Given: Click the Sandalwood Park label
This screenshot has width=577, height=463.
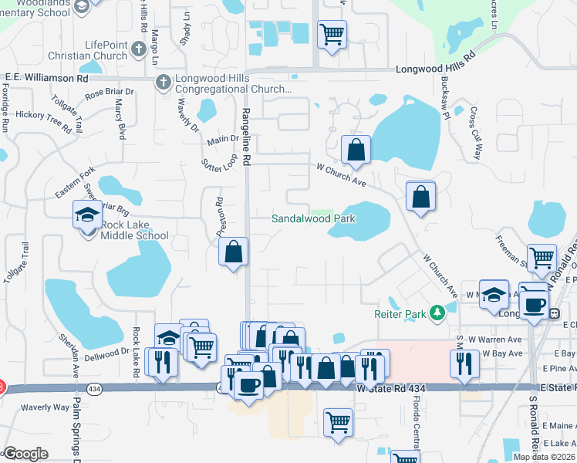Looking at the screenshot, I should (x=313, y=218).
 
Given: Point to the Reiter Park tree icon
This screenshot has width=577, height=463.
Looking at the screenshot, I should (x=437, y=313).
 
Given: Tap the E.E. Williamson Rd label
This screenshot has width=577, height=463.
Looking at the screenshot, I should (x=47, y=78).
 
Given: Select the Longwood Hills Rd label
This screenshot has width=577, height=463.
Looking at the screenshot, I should (x=436, y=69).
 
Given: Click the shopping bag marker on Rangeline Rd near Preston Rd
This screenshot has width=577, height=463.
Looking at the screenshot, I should (x=233, y=252).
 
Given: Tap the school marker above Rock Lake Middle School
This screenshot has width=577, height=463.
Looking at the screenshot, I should (x=87, y=214).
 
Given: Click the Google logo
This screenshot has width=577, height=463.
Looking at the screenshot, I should (x=25, y=454).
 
